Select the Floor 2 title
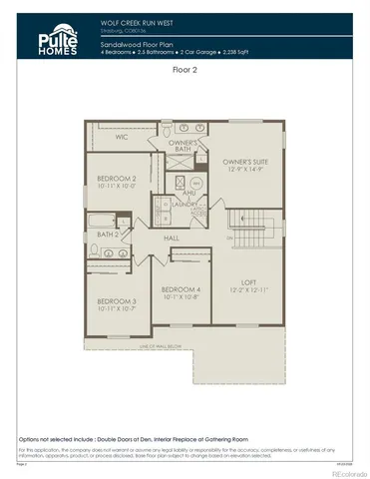(x=185, y=71)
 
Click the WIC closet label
(x=121, y=137)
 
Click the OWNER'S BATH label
(x=183, y=146)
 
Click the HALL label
(x=171, y=238)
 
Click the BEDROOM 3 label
(x=117, y=300)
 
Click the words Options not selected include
(x=63, y=439)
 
